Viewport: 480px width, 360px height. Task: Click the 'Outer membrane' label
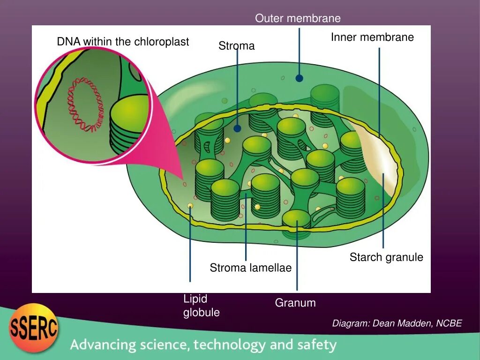[298, 19]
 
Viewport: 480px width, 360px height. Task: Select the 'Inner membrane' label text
[372, 37]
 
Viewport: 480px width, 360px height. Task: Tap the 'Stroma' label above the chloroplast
[236, 46]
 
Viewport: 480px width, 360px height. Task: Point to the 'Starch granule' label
[386, 257]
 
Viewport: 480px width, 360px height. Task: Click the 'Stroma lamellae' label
[250, 268]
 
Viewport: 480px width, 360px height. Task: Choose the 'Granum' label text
[295, 303]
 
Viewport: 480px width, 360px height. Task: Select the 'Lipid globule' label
[201, 306]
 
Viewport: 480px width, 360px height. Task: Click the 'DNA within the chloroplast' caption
[123, 42]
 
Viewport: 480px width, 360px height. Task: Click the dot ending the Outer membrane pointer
[299, 78]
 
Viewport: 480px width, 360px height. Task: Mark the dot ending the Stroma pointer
[238, 128]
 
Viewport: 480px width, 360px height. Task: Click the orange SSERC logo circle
[34, 328]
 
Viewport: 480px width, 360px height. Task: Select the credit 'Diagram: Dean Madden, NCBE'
[397, 323]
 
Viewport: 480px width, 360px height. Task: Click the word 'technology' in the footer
[230, 345]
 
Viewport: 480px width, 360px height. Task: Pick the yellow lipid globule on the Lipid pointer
[190, 206]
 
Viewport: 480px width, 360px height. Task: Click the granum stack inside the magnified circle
[129, 124]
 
